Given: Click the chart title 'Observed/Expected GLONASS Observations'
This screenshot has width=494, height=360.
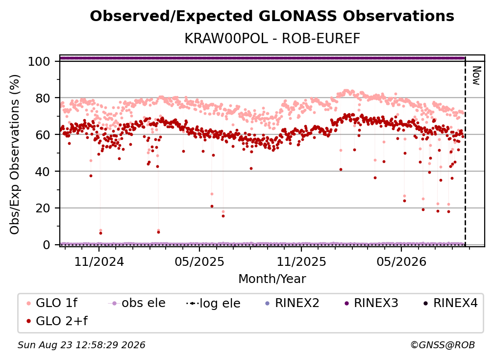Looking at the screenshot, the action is (272, 16).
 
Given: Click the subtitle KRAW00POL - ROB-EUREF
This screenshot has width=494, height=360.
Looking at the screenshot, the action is (272, 39).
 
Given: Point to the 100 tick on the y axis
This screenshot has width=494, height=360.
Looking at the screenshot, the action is (39, 61).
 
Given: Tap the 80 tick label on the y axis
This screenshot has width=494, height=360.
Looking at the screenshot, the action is (43, 98).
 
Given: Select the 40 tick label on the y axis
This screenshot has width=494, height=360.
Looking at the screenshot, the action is (43, 172).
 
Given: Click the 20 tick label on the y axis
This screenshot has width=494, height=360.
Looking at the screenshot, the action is (43, 208).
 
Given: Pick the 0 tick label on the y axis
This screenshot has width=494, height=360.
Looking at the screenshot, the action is (46, 245).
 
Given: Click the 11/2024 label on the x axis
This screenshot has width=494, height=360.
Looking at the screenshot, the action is (99, 261).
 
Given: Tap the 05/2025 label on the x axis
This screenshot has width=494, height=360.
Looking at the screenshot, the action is (199, 261).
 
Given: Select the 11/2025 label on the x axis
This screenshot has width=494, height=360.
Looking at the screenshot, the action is (301, 261).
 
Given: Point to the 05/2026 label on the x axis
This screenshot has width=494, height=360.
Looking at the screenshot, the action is (401, 261).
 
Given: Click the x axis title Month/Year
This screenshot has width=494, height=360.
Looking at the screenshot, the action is (272, 279).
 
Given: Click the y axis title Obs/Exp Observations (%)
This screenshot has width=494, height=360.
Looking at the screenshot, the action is (15, 154).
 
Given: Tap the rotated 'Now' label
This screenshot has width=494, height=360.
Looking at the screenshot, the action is (476, 76).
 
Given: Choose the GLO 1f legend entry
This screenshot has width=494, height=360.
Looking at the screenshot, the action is (52, 303).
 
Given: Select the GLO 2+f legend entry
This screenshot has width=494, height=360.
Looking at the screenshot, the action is (57, 321).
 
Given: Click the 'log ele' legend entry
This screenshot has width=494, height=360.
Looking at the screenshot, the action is (213, 303).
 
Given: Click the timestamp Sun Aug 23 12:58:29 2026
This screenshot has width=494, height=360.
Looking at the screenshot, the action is (81, 345).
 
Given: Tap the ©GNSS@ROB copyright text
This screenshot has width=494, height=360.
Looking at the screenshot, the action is (443, 345).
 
